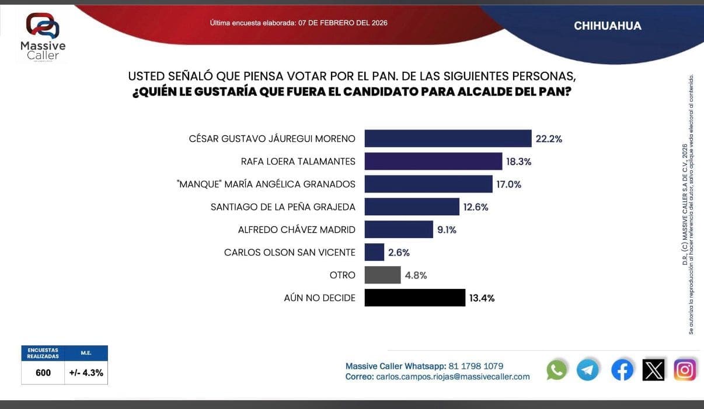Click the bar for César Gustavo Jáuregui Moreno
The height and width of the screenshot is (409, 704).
coord(448,138)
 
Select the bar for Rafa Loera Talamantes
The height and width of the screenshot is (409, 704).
coord(433,161)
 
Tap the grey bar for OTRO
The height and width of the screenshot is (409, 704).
coord(382,275)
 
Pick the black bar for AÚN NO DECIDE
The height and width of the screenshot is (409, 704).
coord(414,298)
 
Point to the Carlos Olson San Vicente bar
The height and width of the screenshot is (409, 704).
coord(374,252)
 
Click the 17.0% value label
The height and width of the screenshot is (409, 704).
coord(509,184)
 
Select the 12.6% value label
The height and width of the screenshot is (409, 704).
coord(476,207)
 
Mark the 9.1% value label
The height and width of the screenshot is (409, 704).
coord(447,230)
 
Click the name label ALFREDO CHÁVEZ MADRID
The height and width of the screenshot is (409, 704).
coord(297,230)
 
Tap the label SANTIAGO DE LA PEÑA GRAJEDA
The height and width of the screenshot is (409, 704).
coord(283,207)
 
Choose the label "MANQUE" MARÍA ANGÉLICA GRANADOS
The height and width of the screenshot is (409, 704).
coord(266,184)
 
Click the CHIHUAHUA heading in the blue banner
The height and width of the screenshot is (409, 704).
coord(607,26)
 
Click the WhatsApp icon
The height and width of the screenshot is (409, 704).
coord(556,370)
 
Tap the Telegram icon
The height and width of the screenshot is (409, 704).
coord(588,370)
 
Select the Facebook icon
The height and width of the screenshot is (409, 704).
coord(622,370)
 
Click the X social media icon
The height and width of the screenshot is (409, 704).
coord(653,370)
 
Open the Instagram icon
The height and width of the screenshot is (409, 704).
coord(685,370)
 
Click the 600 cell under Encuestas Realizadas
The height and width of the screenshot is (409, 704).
coord(43,373)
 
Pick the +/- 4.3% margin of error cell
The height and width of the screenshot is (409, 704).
coord(86,373)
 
